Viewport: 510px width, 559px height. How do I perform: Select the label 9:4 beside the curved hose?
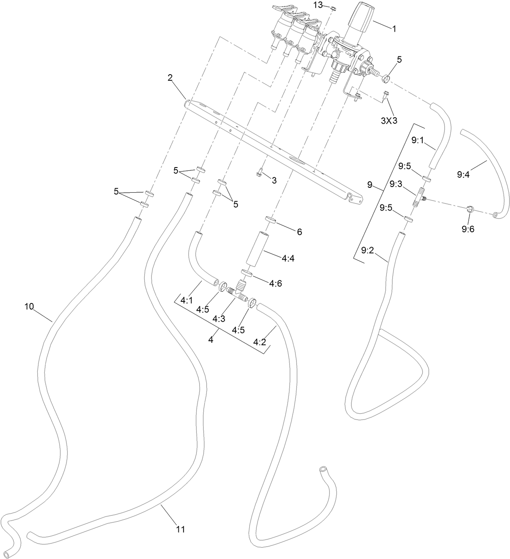pos(463,175)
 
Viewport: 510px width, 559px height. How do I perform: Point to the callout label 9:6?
pos(468,229)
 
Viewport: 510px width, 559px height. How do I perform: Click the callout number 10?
pos(29,306)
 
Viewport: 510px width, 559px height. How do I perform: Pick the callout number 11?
pos(180,529)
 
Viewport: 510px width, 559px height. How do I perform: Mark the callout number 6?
pos(299,232)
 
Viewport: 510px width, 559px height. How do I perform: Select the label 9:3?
pos(396,184)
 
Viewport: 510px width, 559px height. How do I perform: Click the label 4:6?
pos(275,284)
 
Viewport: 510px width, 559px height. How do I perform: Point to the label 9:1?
pos(417,140)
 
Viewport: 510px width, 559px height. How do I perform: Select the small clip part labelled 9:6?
pos(471,209)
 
